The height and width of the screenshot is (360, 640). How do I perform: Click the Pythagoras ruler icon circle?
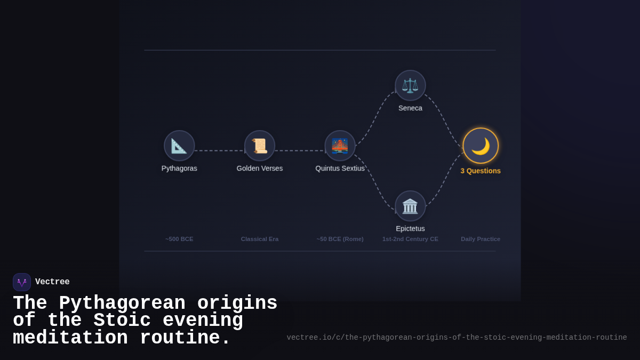pos(179,146)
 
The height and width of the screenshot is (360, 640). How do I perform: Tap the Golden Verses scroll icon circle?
pos(260,146)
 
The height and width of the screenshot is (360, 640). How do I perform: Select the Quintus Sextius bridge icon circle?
pos(340,146)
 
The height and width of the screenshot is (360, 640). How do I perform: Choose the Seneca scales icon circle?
pos(410,85)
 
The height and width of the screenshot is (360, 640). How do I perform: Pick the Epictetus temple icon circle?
pos(410,206)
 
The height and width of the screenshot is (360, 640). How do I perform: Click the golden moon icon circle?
pos(481,146)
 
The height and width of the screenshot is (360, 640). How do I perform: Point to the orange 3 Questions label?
pos(481,171)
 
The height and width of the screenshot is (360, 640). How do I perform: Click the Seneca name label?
pos(410,108)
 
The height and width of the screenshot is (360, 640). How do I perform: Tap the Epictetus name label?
pos(410,228)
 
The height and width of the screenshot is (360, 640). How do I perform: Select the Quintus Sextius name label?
pos(340,168)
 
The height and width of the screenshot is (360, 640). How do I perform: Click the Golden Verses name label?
pos(260,168)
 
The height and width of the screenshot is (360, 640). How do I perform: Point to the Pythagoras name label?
pos(179,168)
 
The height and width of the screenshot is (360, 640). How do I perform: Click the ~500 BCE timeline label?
pos(179,239)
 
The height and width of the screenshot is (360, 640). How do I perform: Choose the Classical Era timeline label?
pos(260,239)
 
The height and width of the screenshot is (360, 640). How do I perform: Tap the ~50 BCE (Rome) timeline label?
pos(340,239)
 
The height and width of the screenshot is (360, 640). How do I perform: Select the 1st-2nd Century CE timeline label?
pos(410,239)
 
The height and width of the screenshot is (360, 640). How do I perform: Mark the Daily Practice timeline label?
pos(481,239)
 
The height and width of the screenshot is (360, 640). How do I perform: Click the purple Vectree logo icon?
pos(22,282)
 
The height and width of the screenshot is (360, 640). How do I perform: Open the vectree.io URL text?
pos(457,338)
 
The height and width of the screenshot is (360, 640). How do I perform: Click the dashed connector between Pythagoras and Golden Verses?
pos(219,150)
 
